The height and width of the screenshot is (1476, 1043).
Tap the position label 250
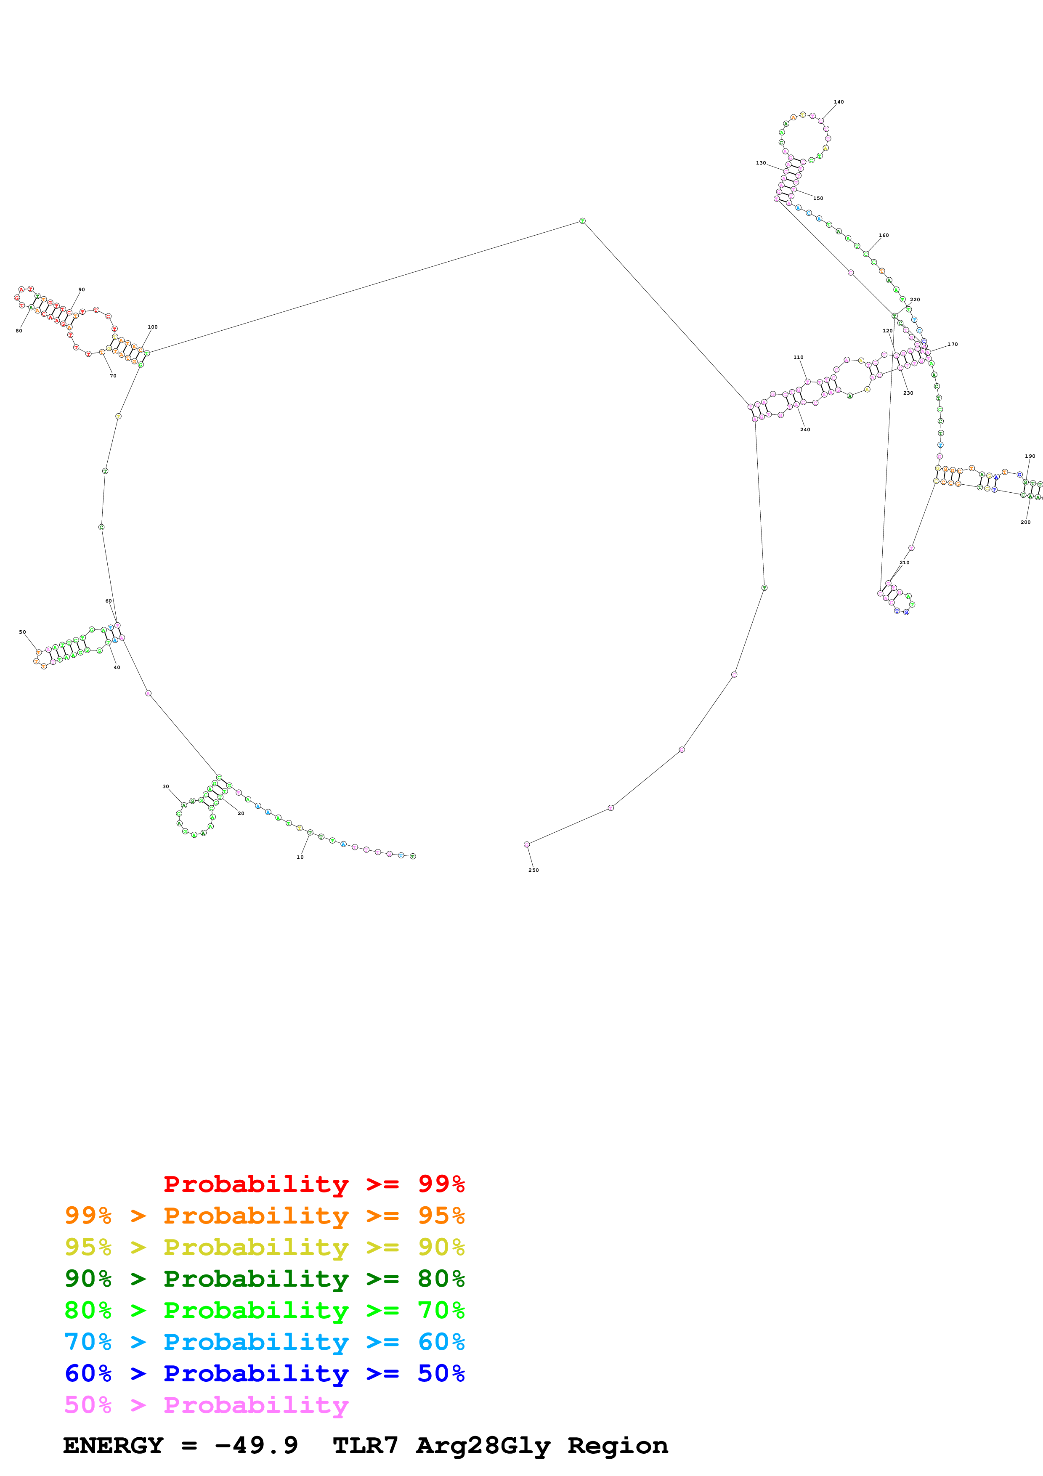(x=533, y=870)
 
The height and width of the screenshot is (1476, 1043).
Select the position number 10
(x=300, y=857)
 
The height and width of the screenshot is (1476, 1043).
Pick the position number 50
(x=22, y=632)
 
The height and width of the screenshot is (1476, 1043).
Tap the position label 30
(x=166, y=786)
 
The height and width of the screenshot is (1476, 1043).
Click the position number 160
(x=884, y=235)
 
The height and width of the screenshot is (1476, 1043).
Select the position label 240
(x=805, y=430)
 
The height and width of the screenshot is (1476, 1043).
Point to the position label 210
(x=904, y=563)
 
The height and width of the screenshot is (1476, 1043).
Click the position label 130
(x=761, y=163)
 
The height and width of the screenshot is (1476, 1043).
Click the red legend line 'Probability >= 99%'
(x=313, y=1184)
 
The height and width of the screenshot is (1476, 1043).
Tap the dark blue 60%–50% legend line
(x=264, y=1373)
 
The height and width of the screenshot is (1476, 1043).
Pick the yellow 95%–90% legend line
(x=264, y=1247)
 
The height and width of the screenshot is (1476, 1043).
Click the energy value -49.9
(x=256, y=1445)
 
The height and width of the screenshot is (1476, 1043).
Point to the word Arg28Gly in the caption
(x=483, y=1445)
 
